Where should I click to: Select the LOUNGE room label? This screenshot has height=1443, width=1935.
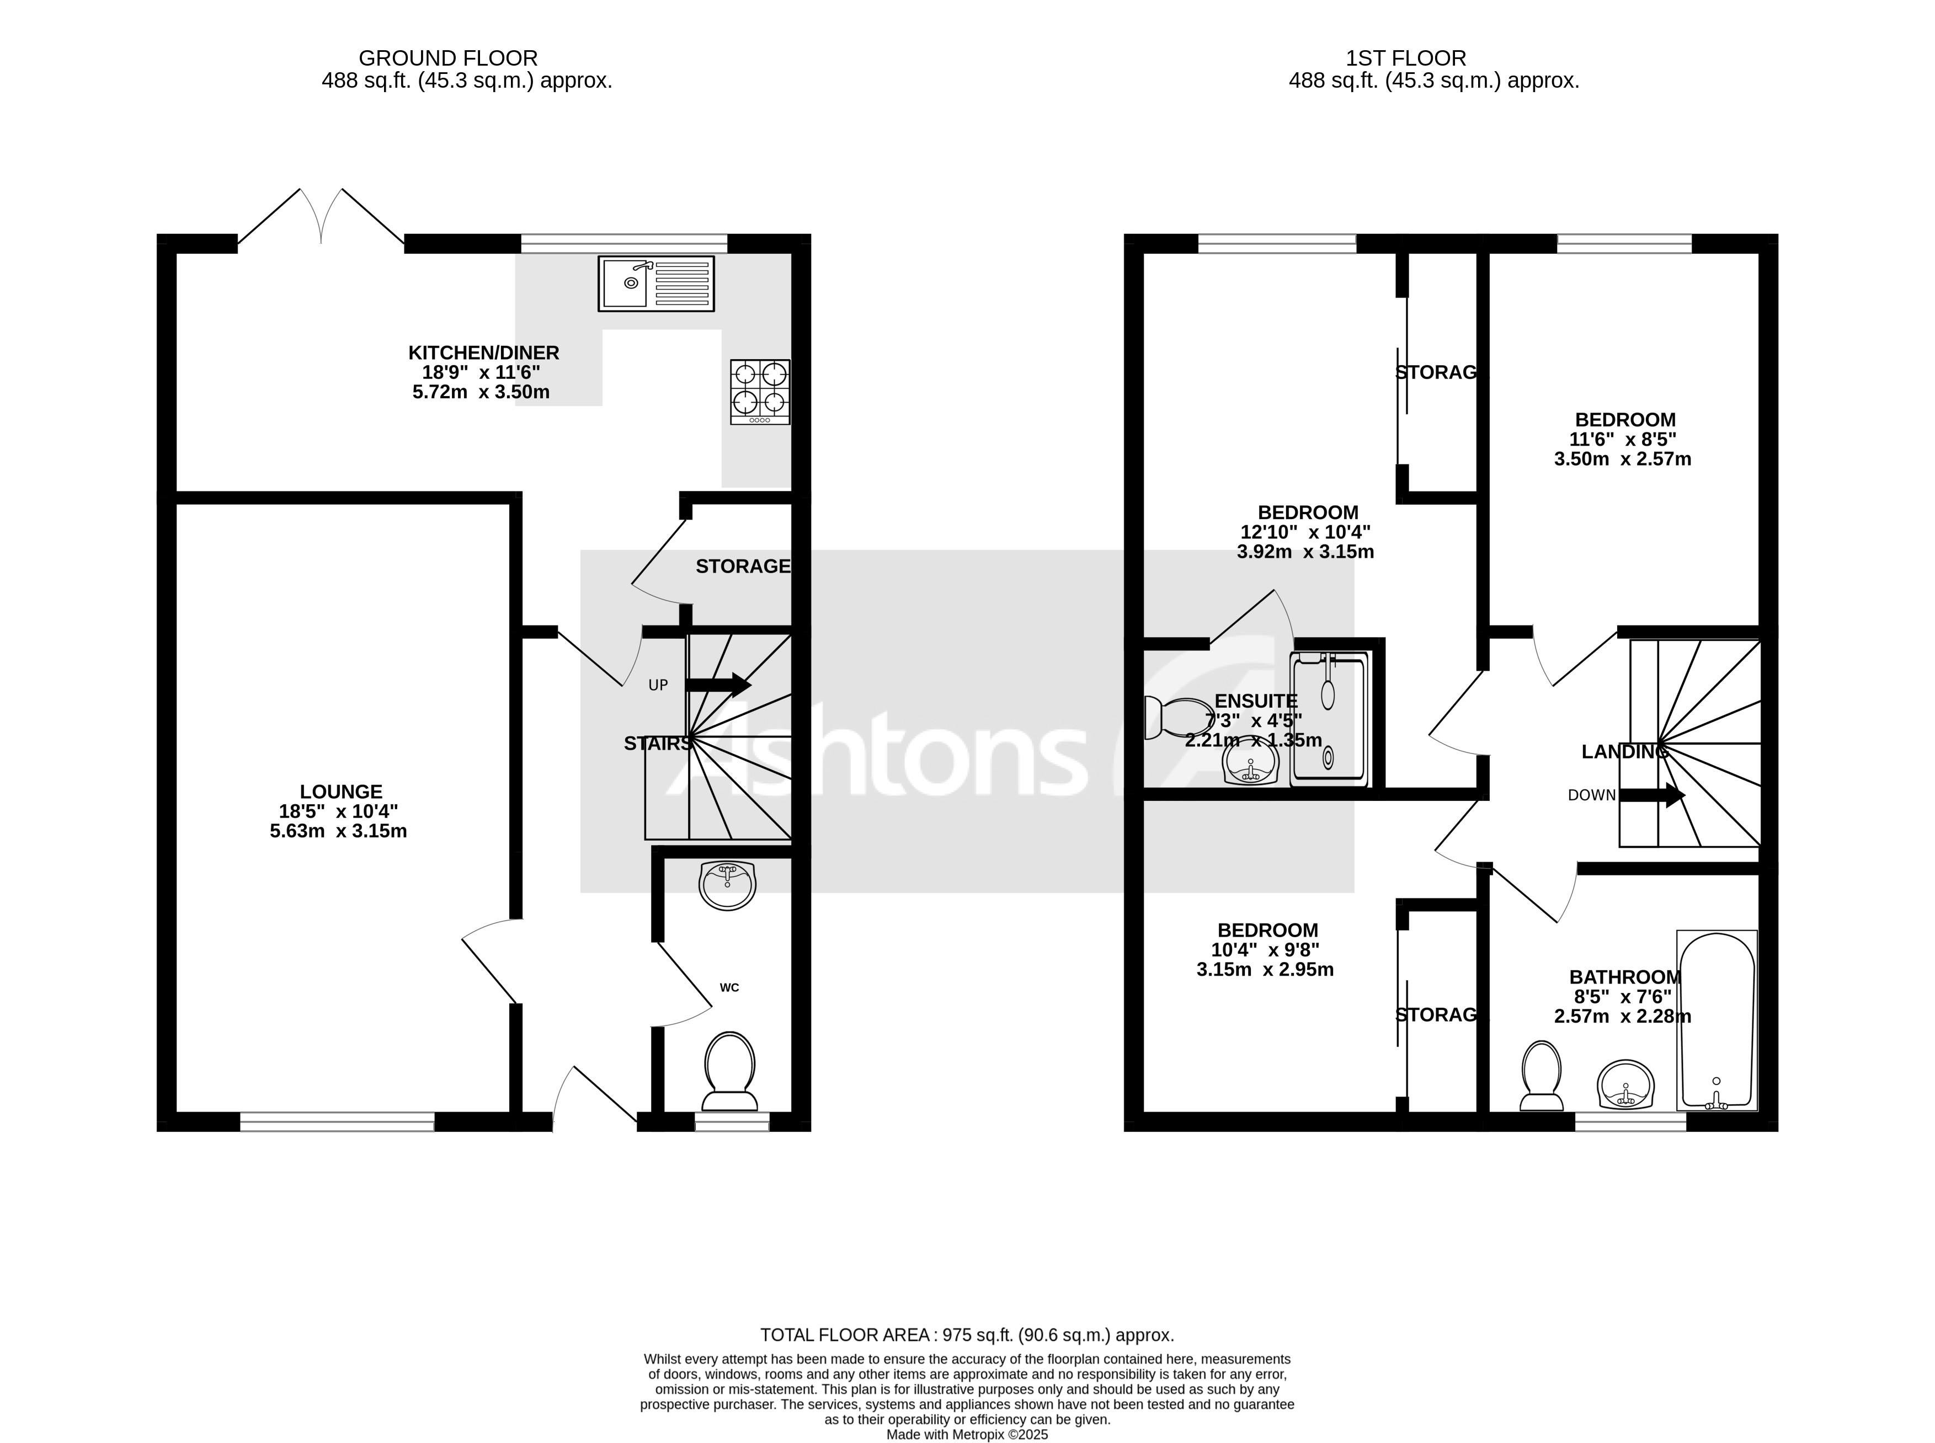click(340, 792)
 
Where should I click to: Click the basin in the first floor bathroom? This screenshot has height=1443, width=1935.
click(1625, 1085)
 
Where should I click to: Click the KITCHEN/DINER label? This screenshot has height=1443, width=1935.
click(483, 353)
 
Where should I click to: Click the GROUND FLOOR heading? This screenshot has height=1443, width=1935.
click(447, 58)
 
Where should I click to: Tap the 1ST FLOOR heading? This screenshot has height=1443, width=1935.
click(1406, 58)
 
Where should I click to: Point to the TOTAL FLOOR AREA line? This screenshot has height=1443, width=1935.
click(966, 1335)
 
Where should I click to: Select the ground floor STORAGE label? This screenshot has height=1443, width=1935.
click(742, 566)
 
